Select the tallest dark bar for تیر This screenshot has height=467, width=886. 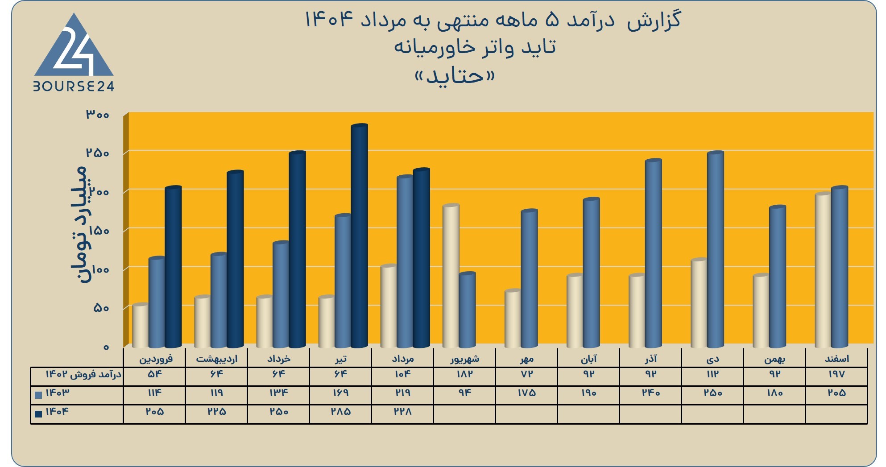pyautogui.click(x=360, y=236)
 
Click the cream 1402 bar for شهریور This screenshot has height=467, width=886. pyautogui.click(x=451, y=276)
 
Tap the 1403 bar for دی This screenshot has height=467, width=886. pyautogui.click(x=716, y=250)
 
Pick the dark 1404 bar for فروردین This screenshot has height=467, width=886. pyautogui.click(x=174, y=267)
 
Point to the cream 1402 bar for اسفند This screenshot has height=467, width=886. pyautogui.click(x=823, y=270)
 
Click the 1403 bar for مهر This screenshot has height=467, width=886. pyautogui.click(x=530, y=278)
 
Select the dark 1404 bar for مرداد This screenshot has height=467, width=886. pyautogui.click(x=422, y=258)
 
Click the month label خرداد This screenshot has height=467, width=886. pyautogui.click(x=279, y=359)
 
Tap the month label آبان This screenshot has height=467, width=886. pyautogui.click(x=589, y=359)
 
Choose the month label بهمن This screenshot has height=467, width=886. pyautogui.click(x=775, y=359)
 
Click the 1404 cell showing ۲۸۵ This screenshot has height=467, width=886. pyautogui.click(x=340, y=412)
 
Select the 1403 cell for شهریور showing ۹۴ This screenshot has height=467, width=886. pyautogui.click(x=464, y=393)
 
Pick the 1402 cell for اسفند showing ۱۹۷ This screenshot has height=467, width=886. pyautogui.click(x=836, y=374)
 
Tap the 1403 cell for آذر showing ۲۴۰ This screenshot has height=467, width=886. pyautogui.click(x=651, y=393)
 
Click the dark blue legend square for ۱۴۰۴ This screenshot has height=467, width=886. pyautogui.click(x=38, y=413)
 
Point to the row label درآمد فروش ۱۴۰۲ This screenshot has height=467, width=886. pyautogui.click(x=83, y=374)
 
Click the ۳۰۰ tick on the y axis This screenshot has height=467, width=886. pyautogui.click(x=98, y=115)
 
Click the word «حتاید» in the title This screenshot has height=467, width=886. pyautogui.click(x=455, y=76)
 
